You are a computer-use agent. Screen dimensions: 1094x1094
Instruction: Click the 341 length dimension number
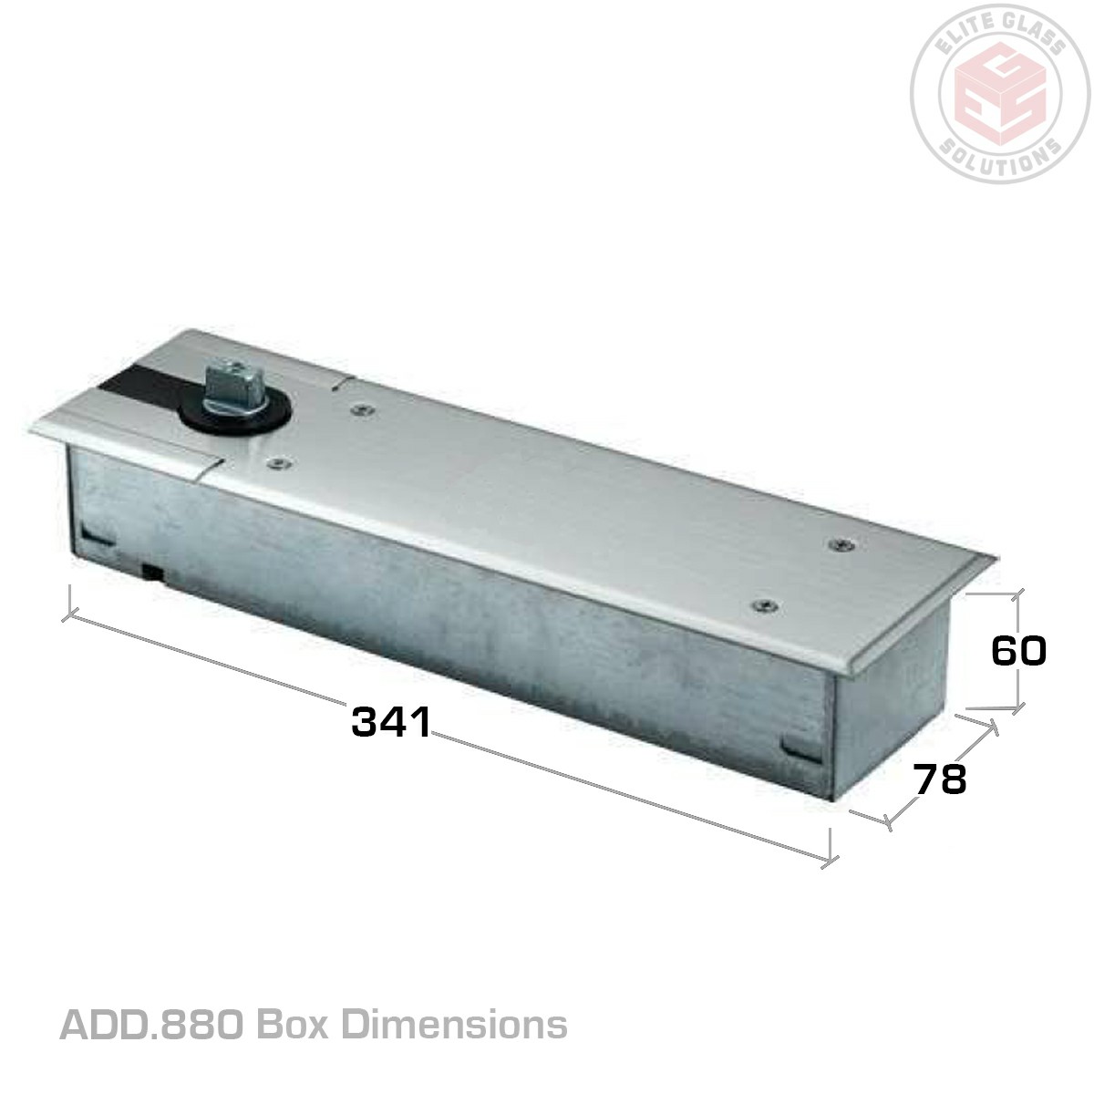point(391,722)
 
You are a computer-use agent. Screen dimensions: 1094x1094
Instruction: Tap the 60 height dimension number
point(1018,651)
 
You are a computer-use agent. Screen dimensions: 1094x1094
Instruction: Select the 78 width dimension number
point(939,779)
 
